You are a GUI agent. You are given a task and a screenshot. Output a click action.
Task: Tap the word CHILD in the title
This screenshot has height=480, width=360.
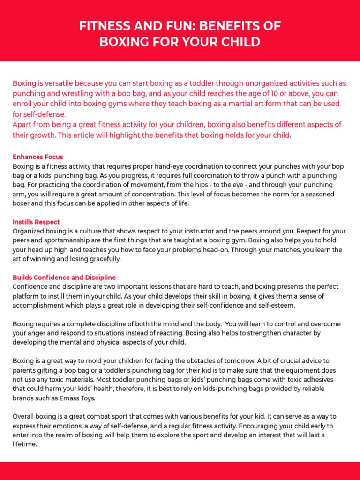click(240, 42)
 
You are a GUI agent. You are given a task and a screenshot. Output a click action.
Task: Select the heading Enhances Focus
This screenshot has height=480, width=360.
click(37, 157)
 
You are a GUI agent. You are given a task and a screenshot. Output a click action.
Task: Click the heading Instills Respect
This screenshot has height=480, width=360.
click(36, 222)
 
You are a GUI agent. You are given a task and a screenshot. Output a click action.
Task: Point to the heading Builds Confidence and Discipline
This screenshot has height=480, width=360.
click(64, 277)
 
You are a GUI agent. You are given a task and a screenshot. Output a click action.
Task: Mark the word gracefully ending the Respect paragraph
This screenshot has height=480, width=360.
click(103, 258)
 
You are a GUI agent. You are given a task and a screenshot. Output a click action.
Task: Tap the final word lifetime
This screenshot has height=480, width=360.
click(25, 444)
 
